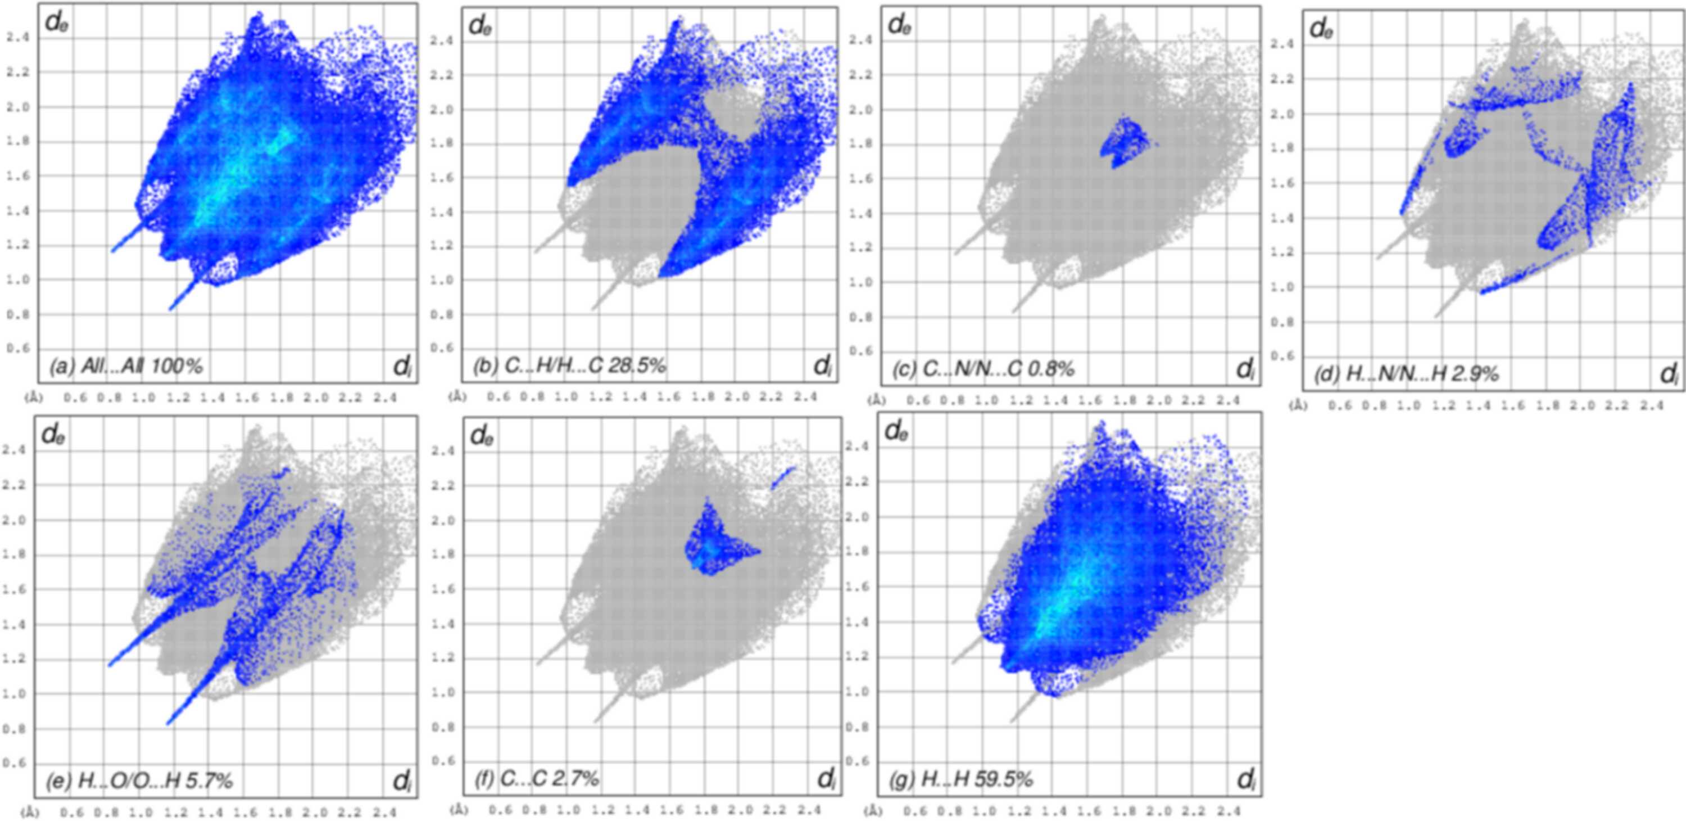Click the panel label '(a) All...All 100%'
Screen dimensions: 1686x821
[126, 366]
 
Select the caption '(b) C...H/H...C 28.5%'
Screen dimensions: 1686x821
[569, 366]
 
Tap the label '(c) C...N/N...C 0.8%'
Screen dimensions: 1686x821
[984, 369]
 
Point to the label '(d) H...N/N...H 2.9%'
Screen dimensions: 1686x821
[1406, 374]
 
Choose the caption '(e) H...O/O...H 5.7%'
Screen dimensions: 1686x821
[139, 781]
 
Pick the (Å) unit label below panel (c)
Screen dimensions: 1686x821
[878, 400]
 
